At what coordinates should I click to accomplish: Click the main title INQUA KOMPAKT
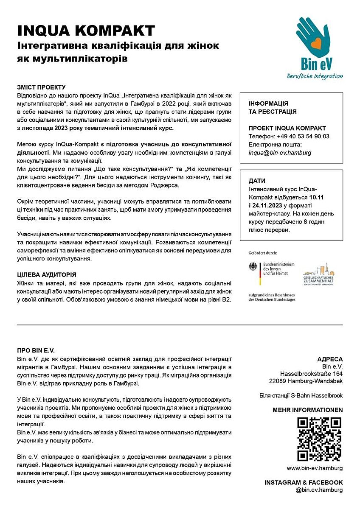pyautogui.click(x=86, y=31)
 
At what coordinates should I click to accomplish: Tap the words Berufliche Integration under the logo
pyautogui.click(x=315, y=76)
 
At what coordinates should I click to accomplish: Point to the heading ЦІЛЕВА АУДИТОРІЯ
pyautogui.click(x=47, y=275)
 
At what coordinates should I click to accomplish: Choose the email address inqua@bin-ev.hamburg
pyautogui.click(x=280, y=152)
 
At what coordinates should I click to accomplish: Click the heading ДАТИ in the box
pyautogui.click(x=257, y=181)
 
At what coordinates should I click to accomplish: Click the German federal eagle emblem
pyautogui.click(x=253, y=268)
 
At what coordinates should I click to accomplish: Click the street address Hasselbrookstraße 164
pyautogui.click(x=311, y=374)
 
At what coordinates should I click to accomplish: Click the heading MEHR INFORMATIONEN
pyautogui.click(x=307, y=410)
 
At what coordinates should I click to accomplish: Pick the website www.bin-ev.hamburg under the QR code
pyautogui.click(x=315, y=468)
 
